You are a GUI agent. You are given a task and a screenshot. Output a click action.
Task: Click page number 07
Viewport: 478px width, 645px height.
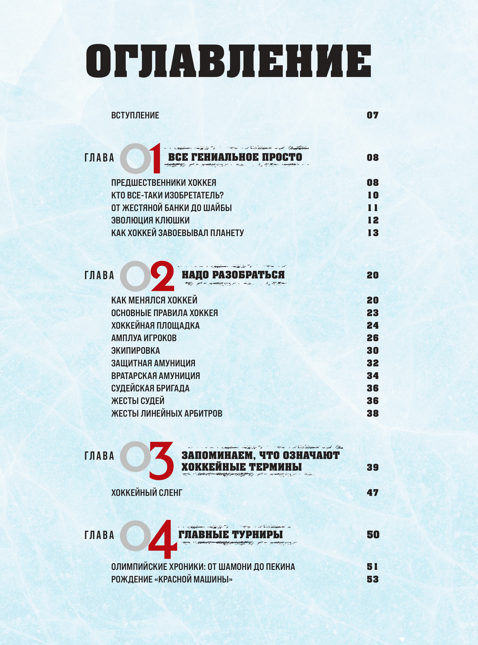click(372, 115)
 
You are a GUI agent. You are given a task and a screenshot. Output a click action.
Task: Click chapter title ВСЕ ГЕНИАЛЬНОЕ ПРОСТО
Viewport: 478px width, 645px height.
click(235, 157)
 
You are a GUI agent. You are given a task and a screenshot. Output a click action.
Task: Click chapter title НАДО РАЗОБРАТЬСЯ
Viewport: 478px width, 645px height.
click(233, 275)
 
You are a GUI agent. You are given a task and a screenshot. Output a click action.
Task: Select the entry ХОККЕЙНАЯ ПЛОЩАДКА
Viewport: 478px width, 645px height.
click(155, 325)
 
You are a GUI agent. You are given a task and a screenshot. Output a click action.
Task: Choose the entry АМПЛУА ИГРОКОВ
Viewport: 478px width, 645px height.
click(144, 338)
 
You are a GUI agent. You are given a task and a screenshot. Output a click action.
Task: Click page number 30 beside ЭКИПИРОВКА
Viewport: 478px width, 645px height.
click(373, 351)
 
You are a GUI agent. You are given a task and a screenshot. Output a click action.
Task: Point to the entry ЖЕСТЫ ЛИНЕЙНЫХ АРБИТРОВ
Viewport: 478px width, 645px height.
click(167, 413)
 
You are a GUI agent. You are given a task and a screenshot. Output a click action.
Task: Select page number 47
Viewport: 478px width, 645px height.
click(373, 493)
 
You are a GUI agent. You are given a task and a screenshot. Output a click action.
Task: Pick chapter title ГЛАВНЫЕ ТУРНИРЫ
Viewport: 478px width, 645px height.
click(230, 534)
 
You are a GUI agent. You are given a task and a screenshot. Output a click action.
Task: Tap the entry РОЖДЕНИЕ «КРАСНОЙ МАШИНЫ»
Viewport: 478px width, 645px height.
click(172, 579)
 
